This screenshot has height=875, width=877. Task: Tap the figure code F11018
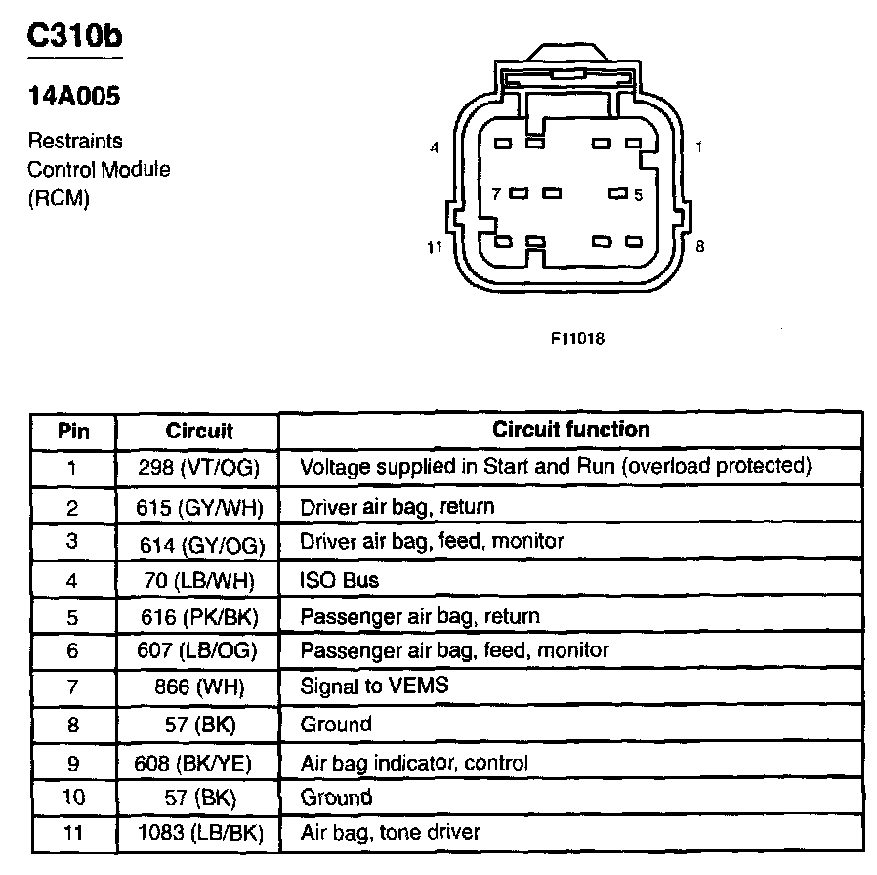click(x=577, y=340)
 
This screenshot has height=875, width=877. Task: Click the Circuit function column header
click(x=570, y=429)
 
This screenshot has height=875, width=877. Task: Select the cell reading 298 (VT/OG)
click(x=198, y=467)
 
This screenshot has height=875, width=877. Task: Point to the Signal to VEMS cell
click(x=374, y=686)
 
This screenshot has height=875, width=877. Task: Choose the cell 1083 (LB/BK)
click(x=198, y=833)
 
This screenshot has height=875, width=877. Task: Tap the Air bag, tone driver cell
click(x=390, y=833)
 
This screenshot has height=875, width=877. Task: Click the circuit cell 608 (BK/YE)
click(x=198, y=762)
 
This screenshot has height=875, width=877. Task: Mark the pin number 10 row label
click(x=72, y=797)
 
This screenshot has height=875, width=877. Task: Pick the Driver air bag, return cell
click(x=397, y=507)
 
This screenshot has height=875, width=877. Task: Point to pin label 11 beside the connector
click(x=436, y=247)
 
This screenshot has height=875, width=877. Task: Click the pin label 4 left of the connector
click(x=435, y=148)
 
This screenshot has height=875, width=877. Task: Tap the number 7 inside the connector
click(x=496, y=194)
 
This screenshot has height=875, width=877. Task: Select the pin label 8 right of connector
click(x=699, y=247)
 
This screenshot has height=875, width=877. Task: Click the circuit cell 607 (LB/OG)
click(x=198, y=650)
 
